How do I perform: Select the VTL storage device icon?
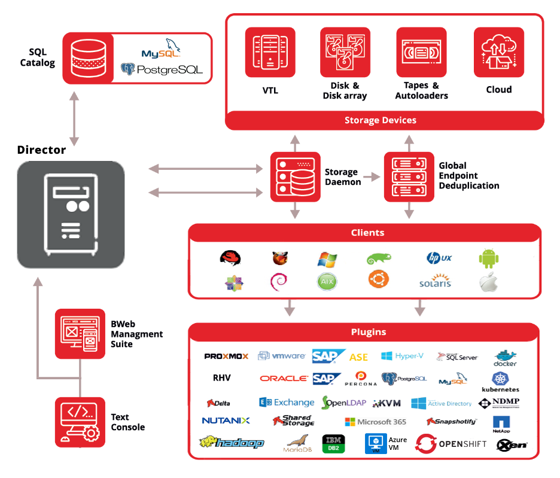pos(270,52)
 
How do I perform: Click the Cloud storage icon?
pos(498,52)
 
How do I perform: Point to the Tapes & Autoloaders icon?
pos(421,52)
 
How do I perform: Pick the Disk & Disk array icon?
pos(345,52)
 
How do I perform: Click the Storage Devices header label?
pos(381,120)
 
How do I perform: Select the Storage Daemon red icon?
pos(295,176)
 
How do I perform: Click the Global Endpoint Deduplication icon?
pos(409,176)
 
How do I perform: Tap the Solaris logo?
pos(435,282)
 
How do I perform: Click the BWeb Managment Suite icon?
pos(80,334)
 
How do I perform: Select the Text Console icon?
pos(80,422)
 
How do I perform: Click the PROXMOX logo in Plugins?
pos(226,357)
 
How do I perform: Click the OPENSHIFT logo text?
pos(467,444)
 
